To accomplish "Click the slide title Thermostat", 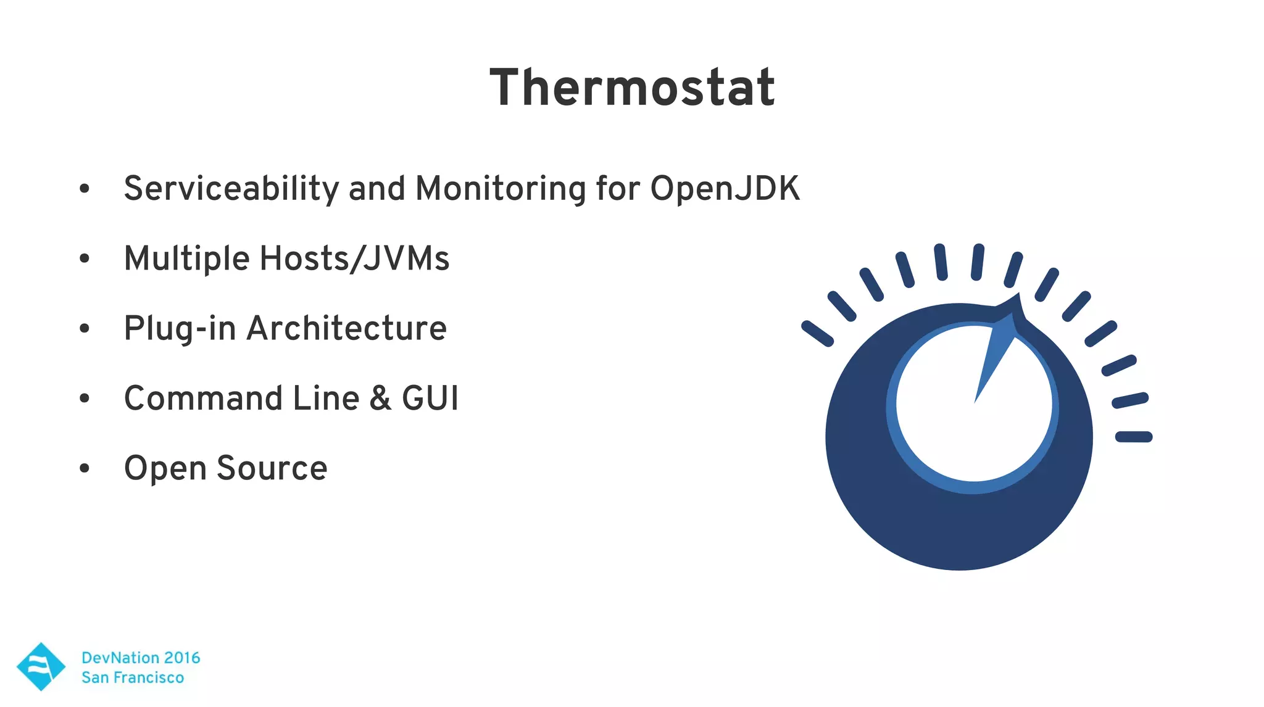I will [632, 88].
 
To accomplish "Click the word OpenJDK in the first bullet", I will [725, 188].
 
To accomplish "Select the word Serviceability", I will [231, 189].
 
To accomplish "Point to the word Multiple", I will [186, 258].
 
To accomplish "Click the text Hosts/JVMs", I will [354, 258].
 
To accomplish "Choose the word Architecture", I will [347, 328].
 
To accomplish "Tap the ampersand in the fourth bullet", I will [380, 398].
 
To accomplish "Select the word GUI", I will [430, 398].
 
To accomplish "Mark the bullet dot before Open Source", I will [85, 468].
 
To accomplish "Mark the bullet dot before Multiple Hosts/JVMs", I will [85, 258].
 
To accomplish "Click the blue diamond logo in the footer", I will [41, 666].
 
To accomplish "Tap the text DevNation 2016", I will [141, 658].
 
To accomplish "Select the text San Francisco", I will [133, 677].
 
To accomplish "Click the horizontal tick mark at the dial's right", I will [1134, 437].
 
